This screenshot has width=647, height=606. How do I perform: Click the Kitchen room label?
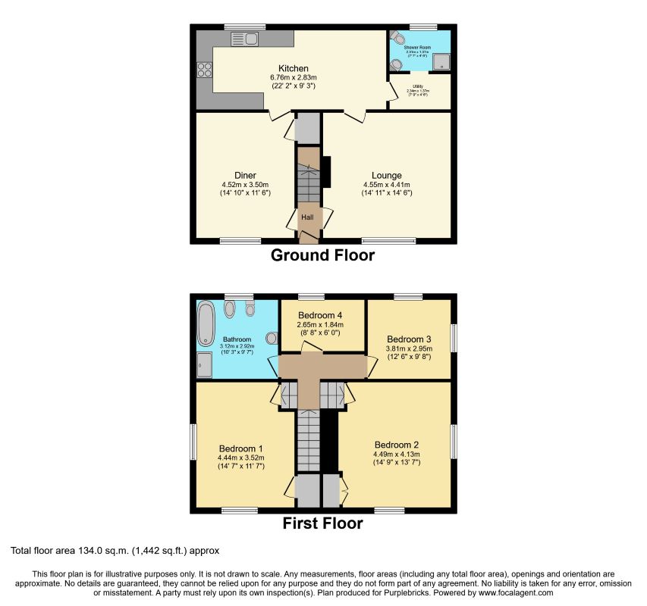[x=292, y=68]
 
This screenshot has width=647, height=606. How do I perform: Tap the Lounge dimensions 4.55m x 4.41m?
[x=386, y=185]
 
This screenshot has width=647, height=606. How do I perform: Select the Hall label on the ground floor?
[x=308, y=217]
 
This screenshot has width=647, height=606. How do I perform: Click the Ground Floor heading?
[x=322, y=255]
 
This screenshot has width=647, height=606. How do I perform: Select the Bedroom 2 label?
[x=397, y=444]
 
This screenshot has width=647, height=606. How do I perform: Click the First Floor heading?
[x=322, y=523]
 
